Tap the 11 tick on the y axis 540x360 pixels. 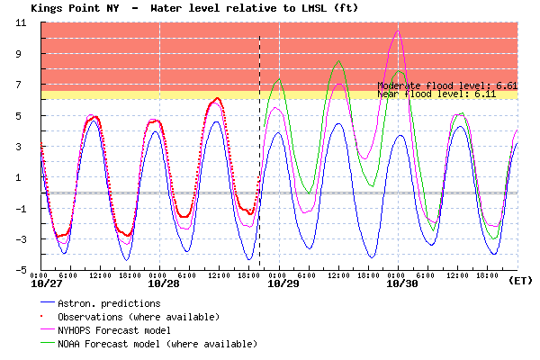click(20, 22)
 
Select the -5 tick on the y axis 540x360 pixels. click(20, 270)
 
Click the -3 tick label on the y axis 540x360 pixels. click(20, 239)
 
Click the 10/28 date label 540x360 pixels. click(163, 283)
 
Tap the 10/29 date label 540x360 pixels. click(283, 283)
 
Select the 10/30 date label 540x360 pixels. click(401, 283)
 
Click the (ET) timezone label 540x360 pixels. click(520, 281)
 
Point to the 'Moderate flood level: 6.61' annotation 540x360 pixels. click(447, 85)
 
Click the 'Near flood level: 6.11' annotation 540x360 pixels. click(447, 93)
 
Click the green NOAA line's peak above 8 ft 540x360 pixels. click(338, 61)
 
